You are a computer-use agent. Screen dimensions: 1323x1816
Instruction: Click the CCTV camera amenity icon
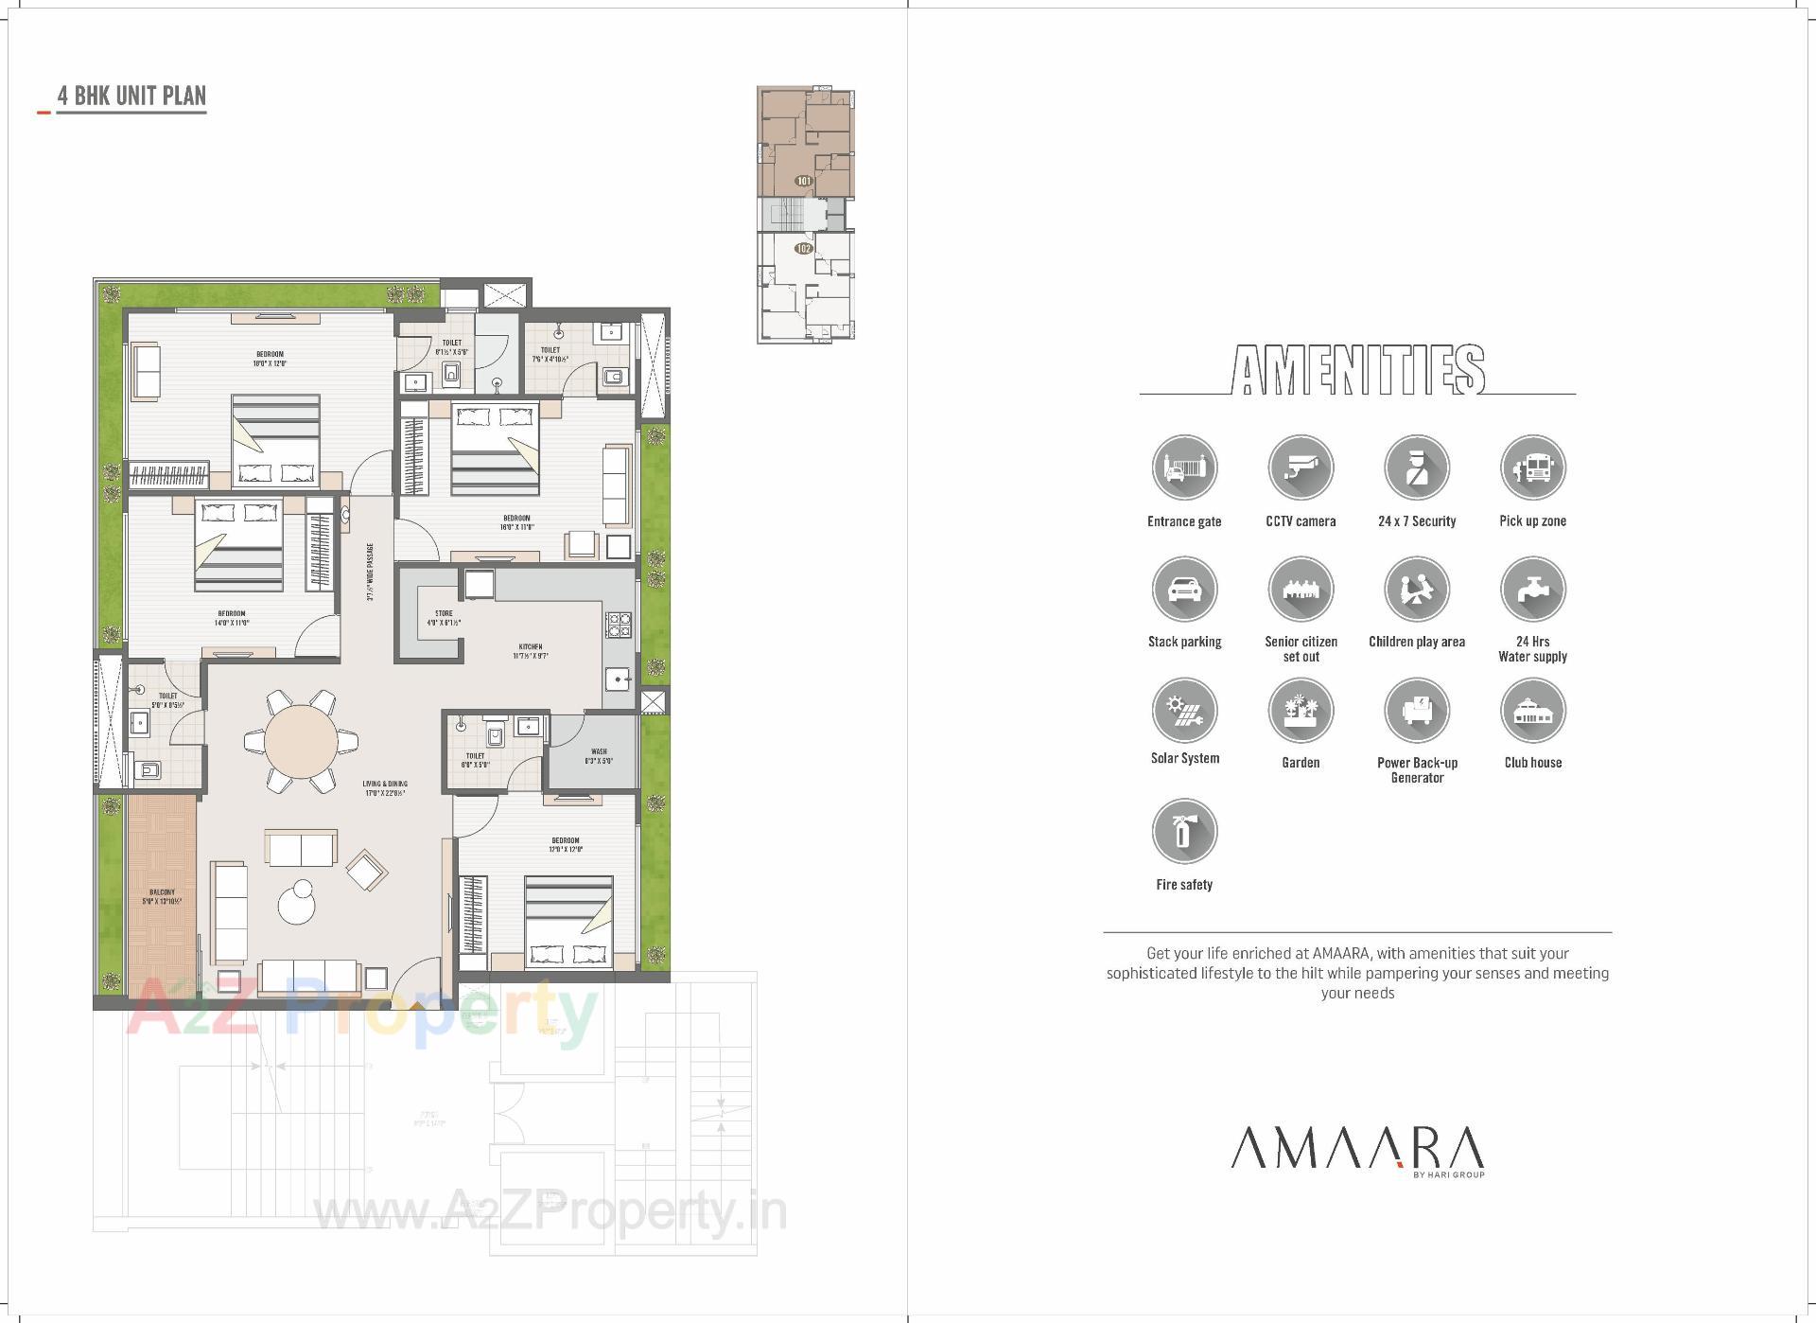tap(1301, 467)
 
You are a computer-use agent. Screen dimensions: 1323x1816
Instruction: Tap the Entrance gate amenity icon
tap(1184, 467)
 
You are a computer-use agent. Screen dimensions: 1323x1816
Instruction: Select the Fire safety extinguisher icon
tap(1184, 831)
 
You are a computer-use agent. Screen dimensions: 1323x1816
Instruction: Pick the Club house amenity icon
tap(1532, 710)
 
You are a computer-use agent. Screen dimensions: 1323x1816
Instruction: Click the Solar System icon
tap(1184, 710)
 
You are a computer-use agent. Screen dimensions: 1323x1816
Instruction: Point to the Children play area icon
tap(1416, 589)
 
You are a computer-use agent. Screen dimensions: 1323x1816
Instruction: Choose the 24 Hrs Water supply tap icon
tap(1532, 589)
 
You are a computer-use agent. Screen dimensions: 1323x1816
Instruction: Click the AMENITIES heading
tap(1357, 370)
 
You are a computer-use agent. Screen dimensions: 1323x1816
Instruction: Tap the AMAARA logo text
tap(1357, 1148)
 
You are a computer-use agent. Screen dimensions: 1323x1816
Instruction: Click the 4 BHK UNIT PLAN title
tap(131, 97)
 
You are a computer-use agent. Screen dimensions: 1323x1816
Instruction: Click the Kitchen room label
tap(530, 651)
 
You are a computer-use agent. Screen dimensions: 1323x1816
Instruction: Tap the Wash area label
tap(599, 756)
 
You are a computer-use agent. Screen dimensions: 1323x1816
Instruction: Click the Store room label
tap(444, 618)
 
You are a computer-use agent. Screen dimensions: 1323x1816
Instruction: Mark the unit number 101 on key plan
tap(804, 181)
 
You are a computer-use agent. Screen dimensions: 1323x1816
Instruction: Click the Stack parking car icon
tap(1184, 589)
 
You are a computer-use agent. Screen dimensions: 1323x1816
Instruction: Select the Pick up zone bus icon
tap(1532, 467)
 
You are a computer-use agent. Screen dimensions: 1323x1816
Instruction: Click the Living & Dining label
tap(385, 788)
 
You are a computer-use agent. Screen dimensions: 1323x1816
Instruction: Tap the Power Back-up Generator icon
tap(1416, 710)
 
